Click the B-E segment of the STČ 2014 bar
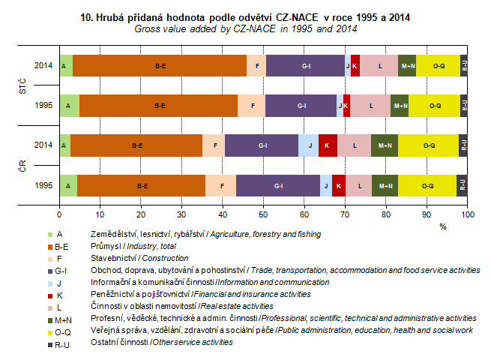tap(160, 66)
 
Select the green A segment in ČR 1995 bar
tap(68, 184)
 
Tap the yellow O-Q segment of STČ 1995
tap(435, 106)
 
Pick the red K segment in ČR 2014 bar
tap(328, 145)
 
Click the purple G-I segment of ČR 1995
tap(278, 184)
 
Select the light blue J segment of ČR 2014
tap(309, 145)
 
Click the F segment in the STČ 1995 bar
tap(252, 106)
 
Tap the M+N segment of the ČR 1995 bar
tap(385, 184)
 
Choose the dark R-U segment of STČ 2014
tap(464, 66)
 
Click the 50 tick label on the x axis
tap(263, 214)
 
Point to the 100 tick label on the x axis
tap(467, 214)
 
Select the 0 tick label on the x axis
tap(60, 214)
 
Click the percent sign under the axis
tap(442, 225)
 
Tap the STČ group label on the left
tap(22, 86)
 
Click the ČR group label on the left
tap(22, 165)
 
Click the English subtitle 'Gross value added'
tap(245, 28)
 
